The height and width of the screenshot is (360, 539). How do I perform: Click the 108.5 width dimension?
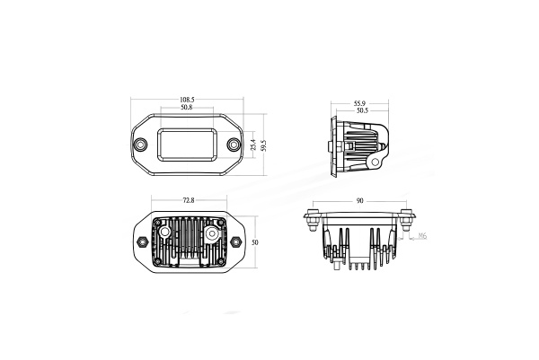coord(187,100)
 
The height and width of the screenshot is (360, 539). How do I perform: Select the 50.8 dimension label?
coord(187,108)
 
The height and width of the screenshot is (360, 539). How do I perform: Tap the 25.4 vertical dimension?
coord(254,144)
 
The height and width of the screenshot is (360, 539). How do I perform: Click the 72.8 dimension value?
coord(188,200)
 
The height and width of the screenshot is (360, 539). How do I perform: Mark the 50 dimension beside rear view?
coord(255,242)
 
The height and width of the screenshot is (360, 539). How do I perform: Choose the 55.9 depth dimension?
coord(359,103)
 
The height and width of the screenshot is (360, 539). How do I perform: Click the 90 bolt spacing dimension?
coord(360,202)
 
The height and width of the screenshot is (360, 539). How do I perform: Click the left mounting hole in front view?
coord(140,145)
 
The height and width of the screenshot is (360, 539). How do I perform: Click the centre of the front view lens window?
coord(187,144)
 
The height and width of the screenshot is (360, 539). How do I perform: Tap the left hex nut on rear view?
coord(141,241)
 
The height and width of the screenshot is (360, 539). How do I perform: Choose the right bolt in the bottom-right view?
coord(409,215)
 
